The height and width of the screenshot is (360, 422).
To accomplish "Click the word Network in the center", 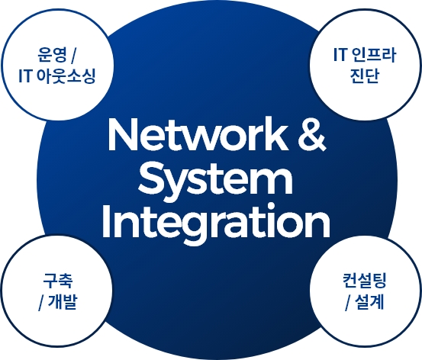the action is coord(198,135).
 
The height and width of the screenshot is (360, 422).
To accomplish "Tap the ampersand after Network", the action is coord(311,135).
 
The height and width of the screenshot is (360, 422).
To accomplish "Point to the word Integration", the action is coord(215,223).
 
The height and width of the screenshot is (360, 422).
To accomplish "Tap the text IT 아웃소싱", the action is coord(57,76).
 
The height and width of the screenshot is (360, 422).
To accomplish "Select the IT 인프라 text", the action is coord(365,55).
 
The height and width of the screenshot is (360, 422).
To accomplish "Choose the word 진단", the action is coord(365,76).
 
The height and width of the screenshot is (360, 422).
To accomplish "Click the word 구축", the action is coord(58,281).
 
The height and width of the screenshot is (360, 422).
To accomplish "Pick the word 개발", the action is coord(63,302).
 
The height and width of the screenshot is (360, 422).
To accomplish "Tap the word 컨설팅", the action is coord(365,281).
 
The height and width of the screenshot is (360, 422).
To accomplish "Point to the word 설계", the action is coord(369,302).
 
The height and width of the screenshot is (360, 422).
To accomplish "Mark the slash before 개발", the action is coord(41,304).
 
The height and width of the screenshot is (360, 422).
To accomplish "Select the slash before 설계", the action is coord(347,304).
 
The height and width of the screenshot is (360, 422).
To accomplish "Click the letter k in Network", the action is coord(276,134).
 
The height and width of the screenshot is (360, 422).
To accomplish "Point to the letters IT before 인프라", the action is coord(340,55).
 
